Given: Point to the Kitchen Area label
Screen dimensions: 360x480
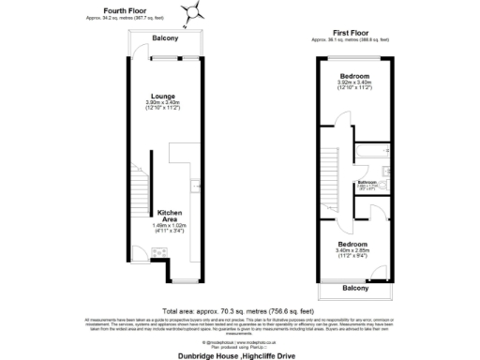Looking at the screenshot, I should pos(168,216).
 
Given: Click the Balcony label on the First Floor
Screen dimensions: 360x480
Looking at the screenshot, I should pos(354,288).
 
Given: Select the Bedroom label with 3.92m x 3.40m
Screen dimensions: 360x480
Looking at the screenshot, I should pos(354,75).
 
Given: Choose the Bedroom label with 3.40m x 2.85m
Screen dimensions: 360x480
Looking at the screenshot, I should pos(353,246).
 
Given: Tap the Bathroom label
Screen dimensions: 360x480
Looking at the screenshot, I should pos(367,182).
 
